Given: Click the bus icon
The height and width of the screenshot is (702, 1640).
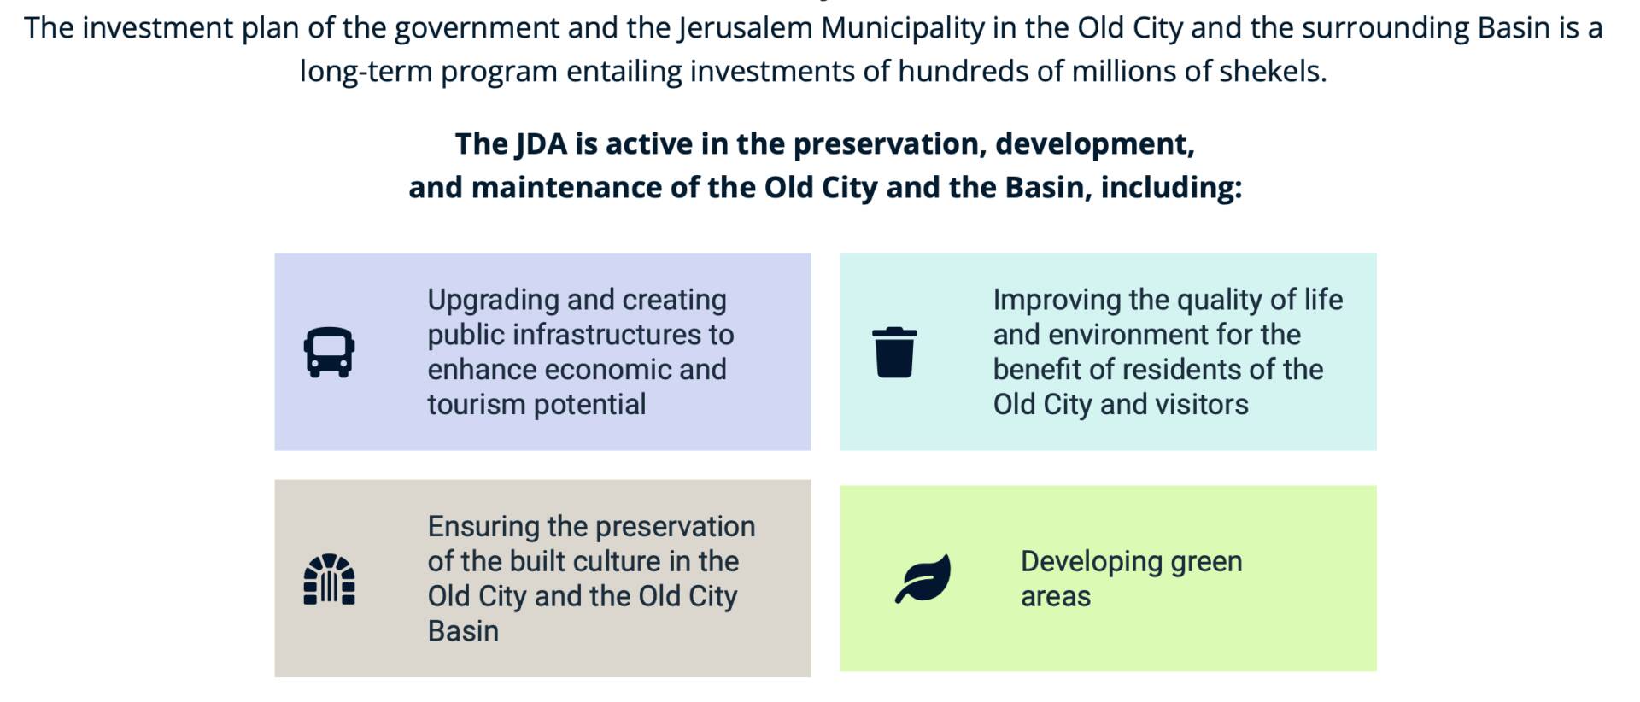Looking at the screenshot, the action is pyautogui.click(x=329, y=352).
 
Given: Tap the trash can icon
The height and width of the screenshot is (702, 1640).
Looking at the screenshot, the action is pyautogui.click(x=894, y=352).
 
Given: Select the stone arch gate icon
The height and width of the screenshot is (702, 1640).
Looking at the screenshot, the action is pyautogui.click(x=329, y=579).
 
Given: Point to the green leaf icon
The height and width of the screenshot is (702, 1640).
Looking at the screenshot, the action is pyautogui.click(x=923, y=579).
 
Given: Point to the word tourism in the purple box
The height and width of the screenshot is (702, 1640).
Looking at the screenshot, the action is pyautogui.click(x=477, y=404).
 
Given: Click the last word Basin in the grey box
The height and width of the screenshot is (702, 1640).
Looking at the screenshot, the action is pyautogui.click(x=463, y=631).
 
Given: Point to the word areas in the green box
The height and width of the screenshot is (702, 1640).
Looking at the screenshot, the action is pyautogui.click(x=1056, y=597).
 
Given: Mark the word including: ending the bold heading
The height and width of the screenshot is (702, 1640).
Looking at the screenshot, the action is pyautogui.click(x=1171, y=187).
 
